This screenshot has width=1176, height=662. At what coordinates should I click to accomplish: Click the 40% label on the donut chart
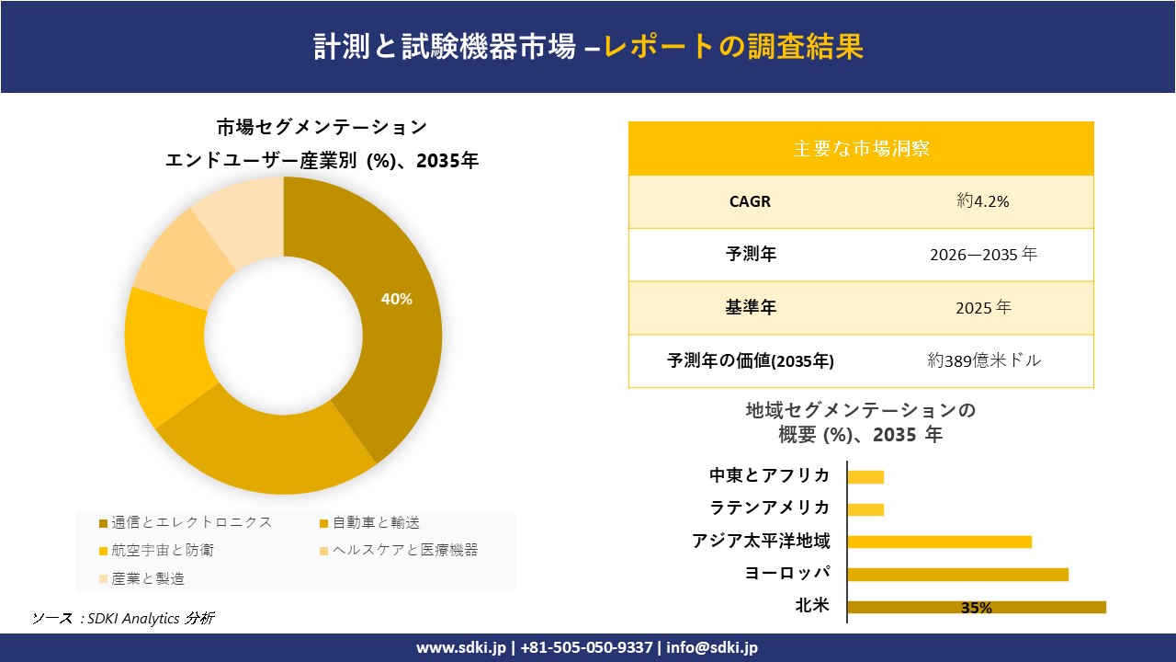397,299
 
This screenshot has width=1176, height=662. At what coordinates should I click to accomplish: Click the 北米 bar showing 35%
976,607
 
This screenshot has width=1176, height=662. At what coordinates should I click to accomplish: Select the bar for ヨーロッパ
957,575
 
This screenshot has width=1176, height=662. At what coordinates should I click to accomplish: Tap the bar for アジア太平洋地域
939,542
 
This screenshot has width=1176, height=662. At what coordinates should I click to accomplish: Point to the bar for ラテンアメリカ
865,509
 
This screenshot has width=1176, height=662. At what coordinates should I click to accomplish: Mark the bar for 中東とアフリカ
865,477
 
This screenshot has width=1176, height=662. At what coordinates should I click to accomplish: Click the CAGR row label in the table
750,201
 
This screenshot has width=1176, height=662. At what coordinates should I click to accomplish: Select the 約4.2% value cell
983,201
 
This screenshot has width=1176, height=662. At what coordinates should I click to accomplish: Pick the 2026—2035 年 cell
983,255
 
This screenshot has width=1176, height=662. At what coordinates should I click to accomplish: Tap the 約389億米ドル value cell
984,360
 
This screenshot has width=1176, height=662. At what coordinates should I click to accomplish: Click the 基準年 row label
751,308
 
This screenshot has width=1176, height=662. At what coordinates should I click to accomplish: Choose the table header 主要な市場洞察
861,148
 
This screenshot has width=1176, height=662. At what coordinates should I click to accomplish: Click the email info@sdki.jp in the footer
712,647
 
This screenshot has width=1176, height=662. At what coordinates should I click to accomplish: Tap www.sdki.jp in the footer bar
461,647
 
